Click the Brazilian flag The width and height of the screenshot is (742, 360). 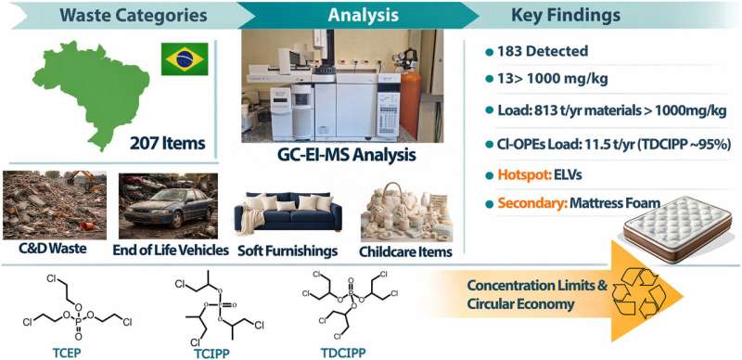coord(185,58)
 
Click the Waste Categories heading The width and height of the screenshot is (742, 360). coord(134,15)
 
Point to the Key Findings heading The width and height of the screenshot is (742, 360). coord(566,15)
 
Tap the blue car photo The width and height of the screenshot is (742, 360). coord(169,206)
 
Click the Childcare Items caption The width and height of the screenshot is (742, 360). coord(405,251)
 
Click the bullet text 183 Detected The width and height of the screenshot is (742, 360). coord(543,51)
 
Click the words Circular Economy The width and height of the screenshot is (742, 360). coord(520,304)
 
